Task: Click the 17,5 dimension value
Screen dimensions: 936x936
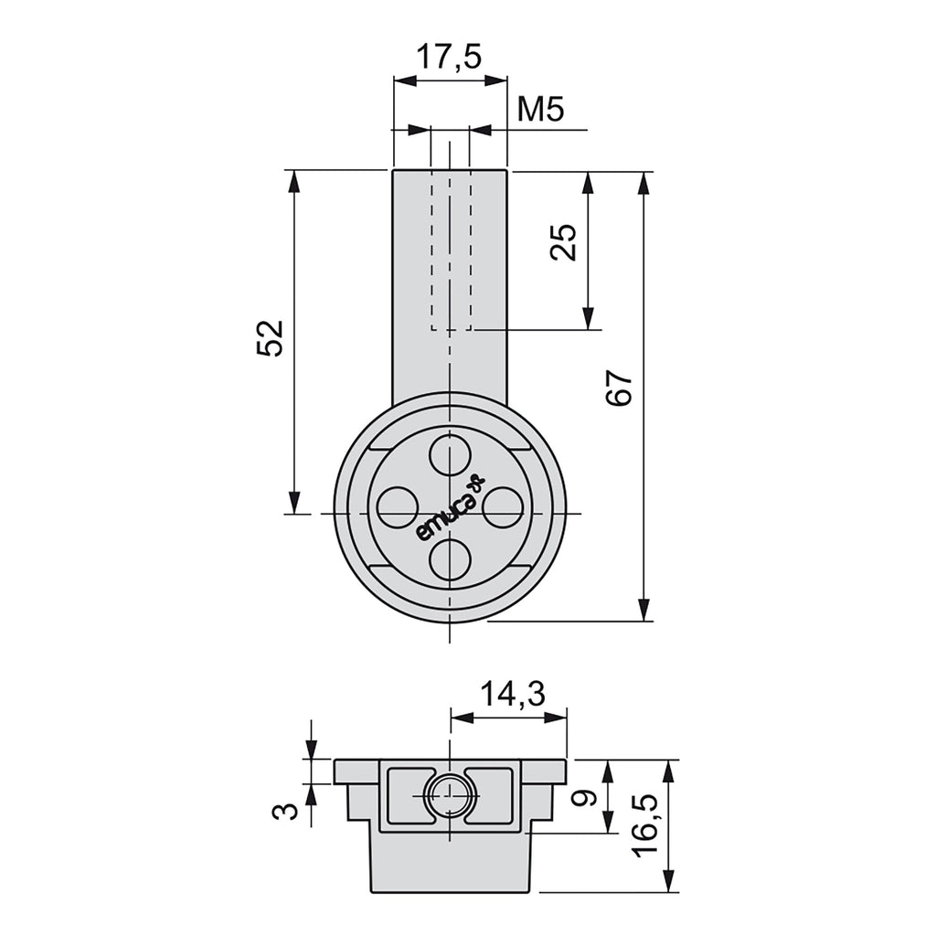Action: (448, 58)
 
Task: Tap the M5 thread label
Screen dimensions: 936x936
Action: (540, 110)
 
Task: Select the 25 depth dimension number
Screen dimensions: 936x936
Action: (564, 241)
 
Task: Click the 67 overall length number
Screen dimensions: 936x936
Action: (619, 388)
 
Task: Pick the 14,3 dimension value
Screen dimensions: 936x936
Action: (513, 695)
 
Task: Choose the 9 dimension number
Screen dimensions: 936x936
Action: (585, 797)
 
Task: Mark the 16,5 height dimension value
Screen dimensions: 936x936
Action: (645, 826)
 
